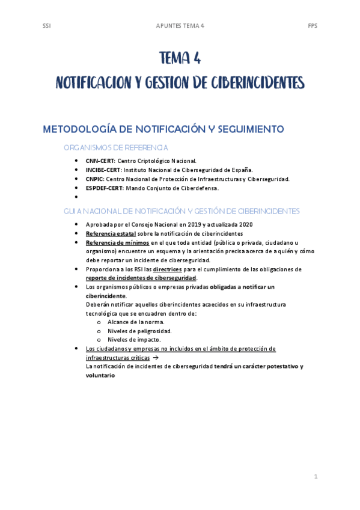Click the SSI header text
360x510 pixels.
[46, 26]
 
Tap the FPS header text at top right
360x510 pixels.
[313, 26]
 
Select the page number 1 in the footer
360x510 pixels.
[315, 476]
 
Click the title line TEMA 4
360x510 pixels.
[180, 58]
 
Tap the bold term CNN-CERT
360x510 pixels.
[100, 161]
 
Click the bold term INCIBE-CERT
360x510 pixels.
[103, 170]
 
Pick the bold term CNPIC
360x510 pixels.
[95, 179]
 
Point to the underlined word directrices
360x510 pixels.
[168, 269]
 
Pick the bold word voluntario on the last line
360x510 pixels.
[100, 375]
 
